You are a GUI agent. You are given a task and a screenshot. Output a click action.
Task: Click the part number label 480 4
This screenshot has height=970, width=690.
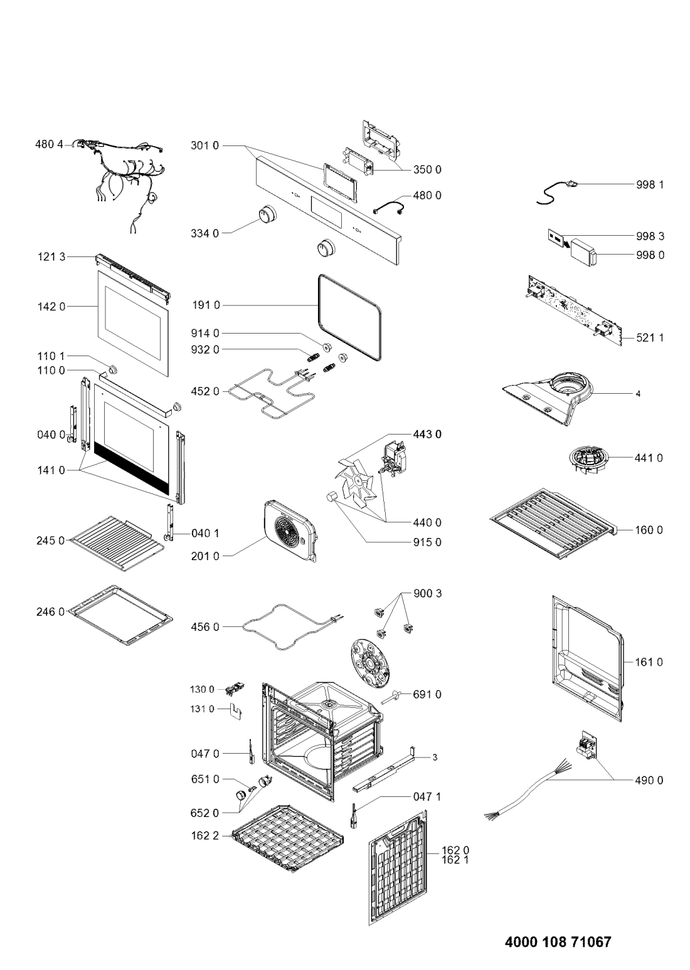pyautogui.click(x=49, y=145)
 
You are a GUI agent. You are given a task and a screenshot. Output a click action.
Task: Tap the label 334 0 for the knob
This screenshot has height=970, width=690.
pyautogui.click(x=205, y=233)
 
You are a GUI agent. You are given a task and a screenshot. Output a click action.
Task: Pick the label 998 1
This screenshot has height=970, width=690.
pyautogui.click(x=650, y=184)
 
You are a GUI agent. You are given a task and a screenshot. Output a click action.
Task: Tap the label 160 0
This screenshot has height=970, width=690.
pyautogui.click(x=649, y=530)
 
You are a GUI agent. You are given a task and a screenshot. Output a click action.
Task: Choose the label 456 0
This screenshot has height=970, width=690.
pyautogui.click(x=205, y=626)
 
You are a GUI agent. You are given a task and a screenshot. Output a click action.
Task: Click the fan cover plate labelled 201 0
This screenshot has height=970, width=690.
pyautogui.click(x=290, y=531)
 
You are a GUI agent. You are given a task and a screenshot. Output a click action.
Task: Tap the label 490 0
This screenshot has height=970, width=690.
pyautogui.click(x=649, y=781)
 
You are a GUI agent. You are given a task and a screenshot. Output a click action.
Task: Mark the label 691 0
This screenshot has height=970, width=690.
pyautogui.click(x=427, y=694)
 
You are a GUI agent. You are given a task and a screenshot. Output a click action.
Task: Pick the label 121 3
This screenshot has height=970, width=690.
pyautogui.click(x=51, y=257)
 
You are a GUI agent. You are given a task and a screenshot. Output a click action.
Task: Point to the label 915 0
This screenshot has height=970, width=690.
pyautogui.click(x=427, y=542)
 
